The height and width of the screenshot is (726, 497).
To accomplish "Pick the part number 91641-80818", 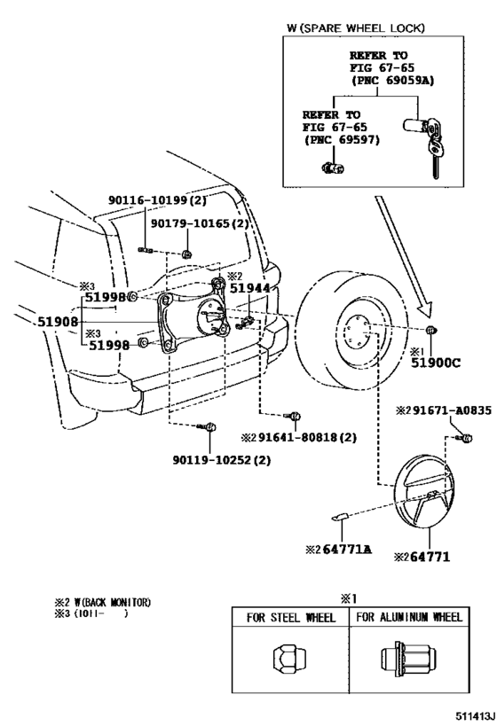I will pyautogui.click(x=332, y=436).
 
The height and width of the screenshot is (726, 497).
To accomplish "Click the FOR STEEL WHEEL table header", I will pyautogui.click(x=290, y=617).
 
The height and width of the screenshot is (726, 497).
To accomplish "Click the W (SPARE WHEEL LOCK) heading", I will pyautogui.click(x=355, y=28).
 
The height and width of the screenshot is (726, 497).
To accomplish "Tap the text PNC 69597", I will pyautogui.click(x=337, y=139).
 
